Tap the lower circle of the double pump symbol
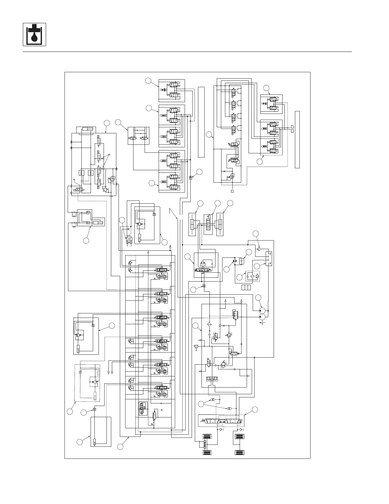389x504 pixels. click(263, 317)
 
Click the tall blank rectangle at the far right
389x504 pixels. click(297, 139)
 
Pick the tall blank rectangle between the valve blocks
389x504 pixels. click(201, 122)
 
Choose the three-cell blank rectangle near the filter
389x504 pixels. click(246, 288)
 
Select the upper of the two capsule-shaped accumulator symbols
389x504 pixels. click(213, 400)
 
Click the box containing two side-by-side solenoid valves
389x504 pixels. click(138, 136)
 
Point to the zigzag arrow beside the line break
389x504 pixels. click(173, 213)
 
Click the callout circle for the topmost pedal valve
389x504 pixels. click(148, 81)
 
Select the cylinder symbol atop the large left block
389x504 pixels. click(87, 129)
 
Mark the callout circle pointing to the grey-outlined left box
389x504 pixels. click(70, 412)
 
